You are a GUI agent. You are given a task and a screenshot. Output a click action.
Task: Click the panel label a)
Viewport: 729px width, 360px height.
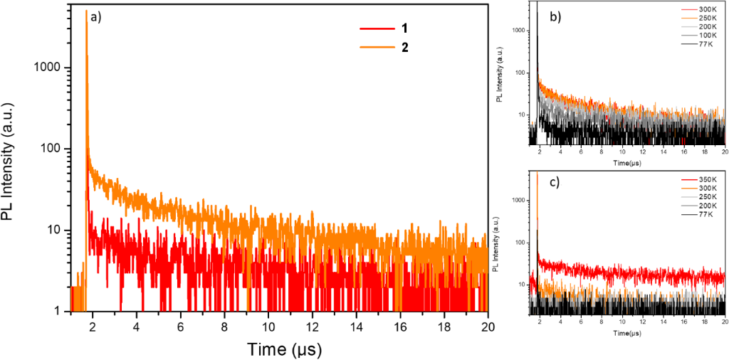pyautogui.click(x=95, y=18)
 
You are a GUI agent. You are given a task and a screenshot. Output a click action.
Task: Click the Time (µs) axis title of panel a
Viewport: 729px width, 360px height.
pyautogui.click(x=278, y=349)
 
